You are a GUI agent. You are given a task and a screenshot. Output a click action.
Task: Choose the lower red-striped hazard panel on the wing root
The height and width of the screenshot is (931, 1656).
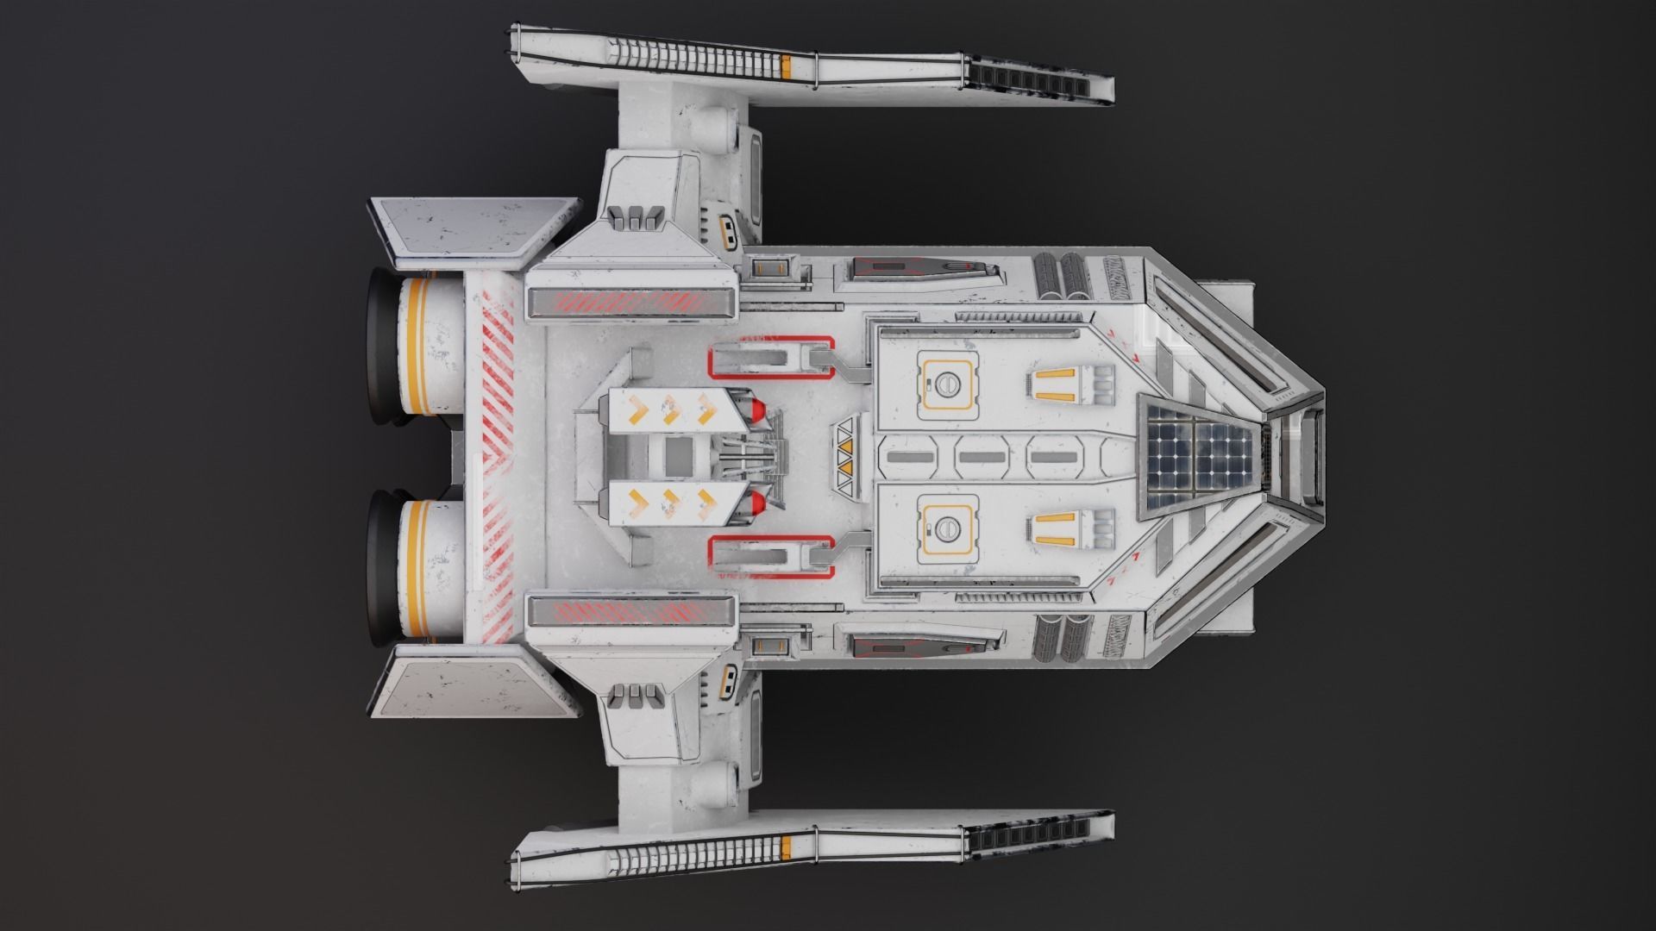631,611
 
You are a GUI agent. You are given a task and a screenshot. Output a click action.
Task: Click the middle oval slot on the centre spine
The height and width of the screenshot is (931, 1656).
982,457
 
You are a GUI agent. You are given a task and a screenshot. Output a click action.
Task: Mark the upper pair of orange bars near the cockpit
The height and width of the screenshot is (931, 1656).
1057,385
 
